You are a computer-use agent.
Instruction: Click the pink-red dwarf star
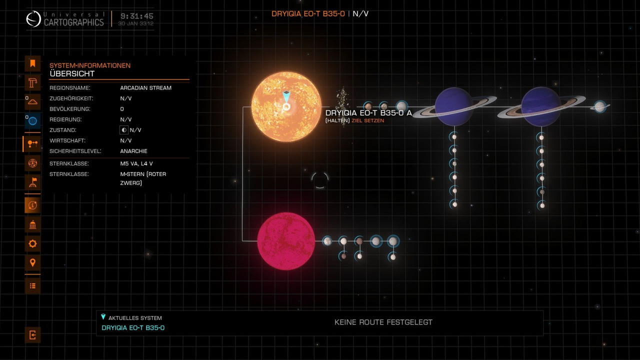[286, 241]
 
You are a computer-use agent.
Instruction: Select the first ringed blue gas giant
[453, 106]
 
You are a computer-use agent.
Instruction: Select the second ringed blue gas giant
[540, 106]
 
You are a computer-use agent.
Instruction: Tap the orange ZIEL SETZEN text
[368, 120]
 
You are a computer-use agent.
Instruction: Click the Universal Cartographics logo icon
[33, 19]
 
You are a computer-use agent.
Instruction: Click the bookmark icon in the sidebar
[32, 63]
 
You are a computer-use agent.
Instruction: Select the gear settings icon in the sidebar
[32, 243]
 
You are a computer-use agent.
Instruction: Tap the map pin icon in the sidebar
[32, 262]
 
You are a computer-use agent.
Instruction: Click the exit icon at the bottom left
[32, 335]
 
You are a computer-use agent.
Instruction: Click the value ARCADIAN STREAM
[145, 88]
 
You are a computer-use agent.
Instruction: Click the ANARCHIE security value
[133, 151]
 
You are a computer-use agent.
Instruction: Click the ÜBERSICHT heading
[72, 74]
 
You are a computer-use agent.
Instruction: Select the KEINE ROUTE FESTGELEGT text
[383, 322]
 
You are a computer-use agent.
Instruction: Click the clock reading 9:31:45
[136, 16]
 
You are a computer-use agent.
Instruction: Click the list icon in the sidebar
[32, 285]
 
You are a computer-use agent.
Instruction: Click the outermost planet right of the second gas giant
[599, 106]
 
